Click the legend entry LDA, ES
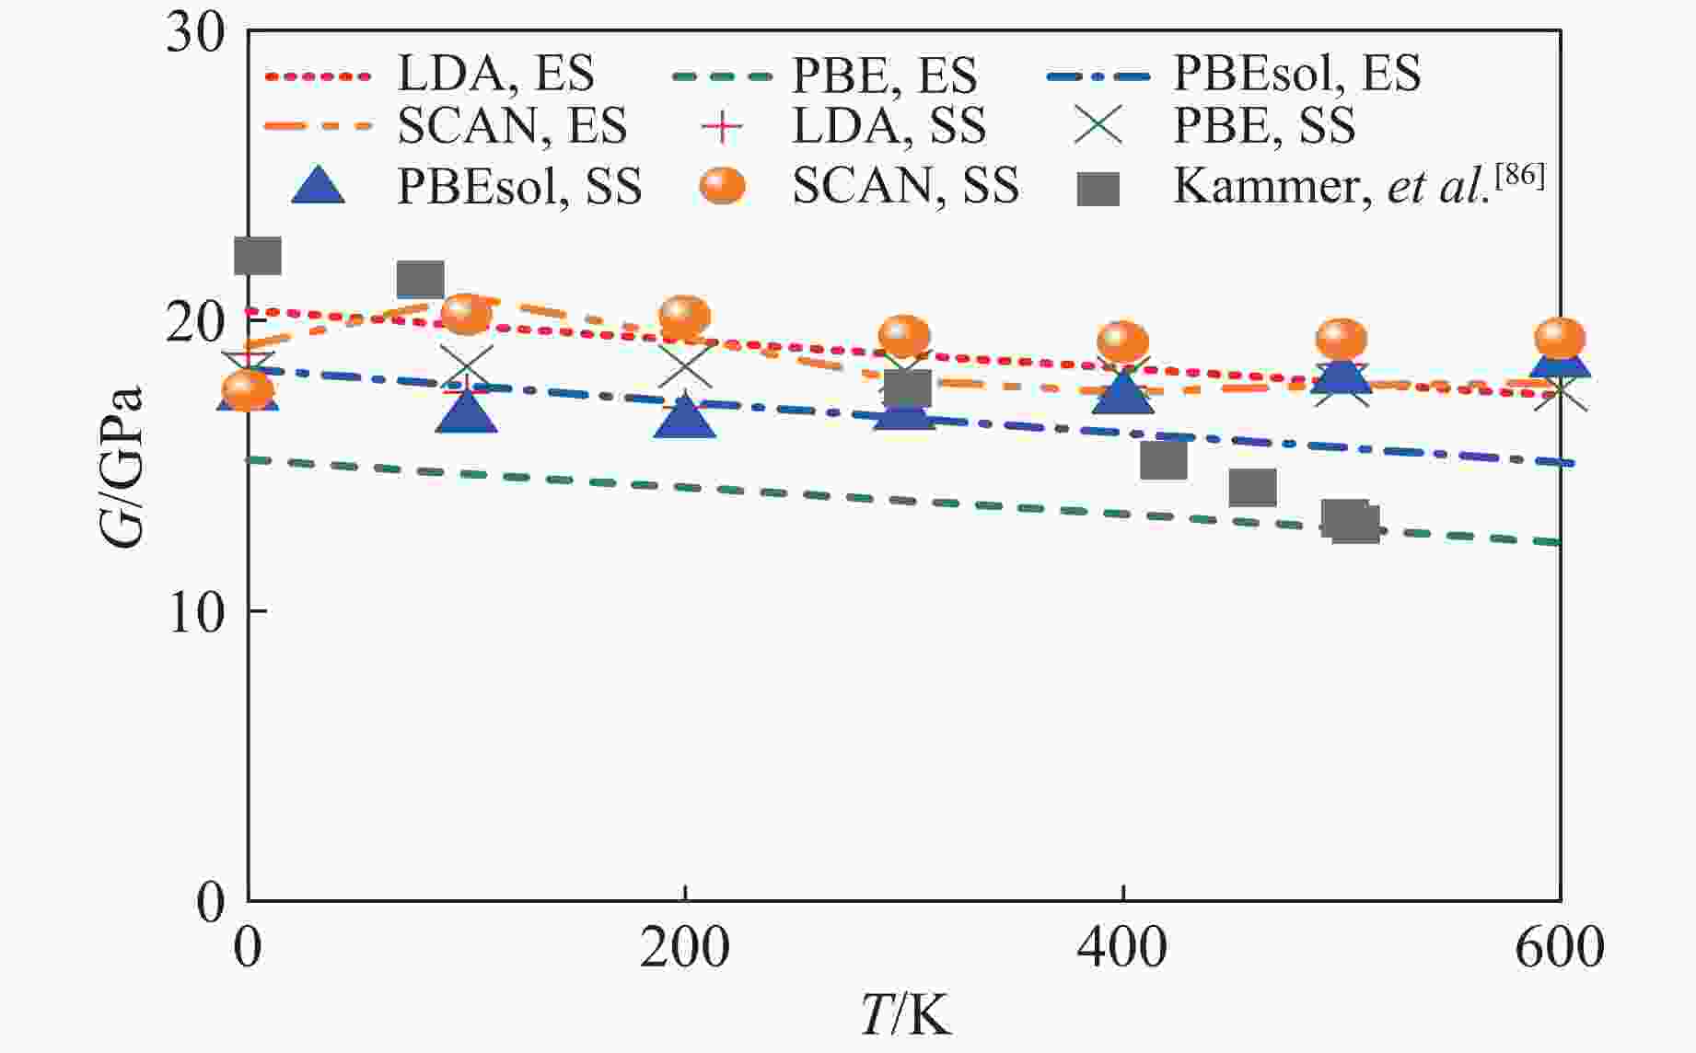coord(495,73)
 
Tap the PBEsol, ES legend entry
coord(1296,73)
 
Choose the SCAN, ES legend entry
coord(512,125)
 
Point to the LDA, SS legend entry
coord(889,125)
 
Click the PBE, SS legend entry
coord(1263,125)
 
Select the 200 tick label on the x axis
coord(684,948)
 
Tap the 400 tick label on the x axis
coord(1122,948)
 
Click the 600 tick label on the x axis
coord(1559,948)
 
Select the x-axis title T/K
coord(905,1016)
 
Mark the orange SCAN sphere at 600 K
coord(1560,339)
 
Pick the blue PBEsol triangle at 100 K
coord(467,411)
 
